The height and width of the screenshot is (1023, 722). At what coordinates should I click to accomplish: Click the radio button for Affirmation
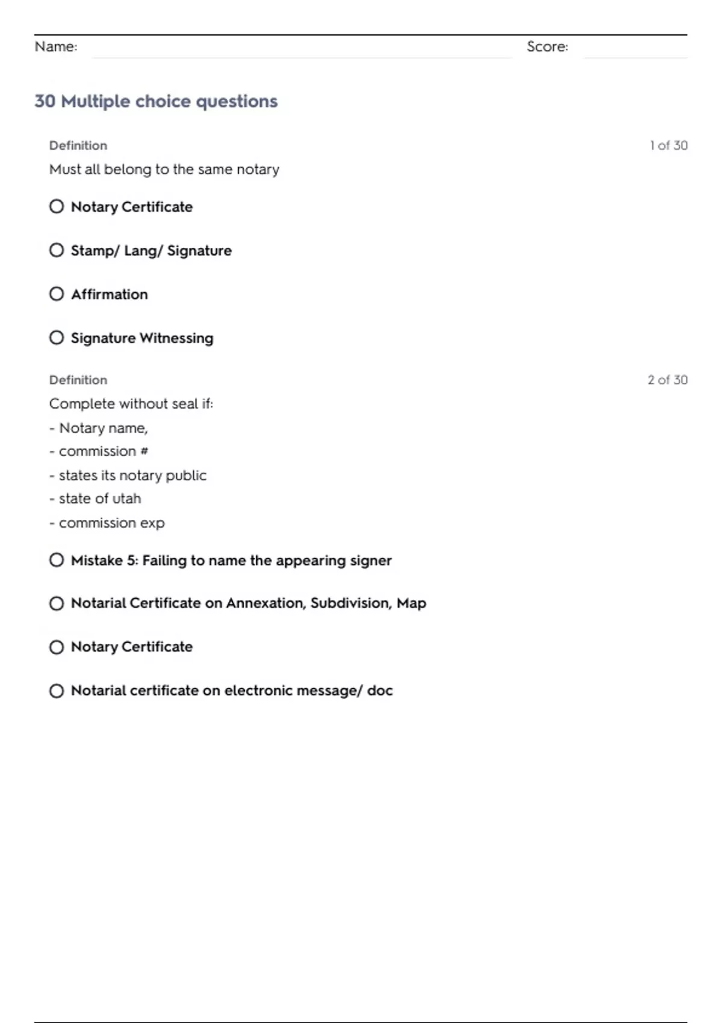point(57,294)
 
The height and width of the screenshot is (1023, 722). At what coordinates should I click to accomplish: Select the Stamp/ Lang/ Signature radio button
point(57,250)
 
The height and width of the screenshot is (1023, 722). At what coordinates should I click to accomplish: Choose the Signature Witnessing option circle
point(57,338)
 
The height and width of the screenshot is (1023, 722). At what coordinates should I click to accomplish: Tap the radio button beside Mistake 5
point(57,560)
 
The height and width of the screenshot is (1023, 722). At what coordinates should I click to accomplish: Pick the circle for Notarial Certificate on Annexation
point(57,603)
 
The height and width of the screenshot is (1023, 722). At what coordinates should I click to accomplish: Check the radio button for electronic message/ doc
point(57,690)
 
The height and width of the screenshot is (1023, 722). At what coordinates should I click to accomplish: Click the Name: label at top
point(56,46)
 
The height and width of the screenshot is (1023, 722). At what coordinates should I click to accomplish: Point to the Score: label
point(547,46)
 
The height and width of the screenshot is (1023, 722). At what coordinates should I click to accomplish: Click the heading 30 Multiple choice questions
point(156,101)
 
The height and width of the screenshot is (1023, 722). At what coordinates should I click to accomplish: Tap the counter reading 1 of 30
point(668,145)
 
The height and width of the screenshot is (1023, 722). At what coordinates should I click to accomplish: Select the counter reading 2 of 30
point(667,380)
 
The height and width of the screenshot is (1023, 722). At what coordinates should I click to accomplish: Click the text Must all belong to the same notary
point(164,169)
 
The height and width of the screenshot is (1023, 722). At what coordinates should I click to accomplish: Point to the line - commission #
point(99,451)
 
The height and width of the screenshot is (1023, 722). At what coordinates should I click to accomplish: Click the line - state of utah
point(96,498)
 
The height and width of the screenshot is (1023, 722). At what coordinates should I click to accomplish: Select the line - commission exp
point(107,523)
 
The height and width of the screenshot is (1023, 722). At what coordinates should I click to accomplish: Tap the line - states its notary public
point(128,475)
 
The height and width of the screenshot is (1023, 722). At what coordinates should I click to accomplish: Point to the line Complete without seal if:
point(131,403)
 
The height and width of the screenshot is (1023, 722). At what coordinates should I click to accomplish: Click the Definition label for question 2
point(78,380)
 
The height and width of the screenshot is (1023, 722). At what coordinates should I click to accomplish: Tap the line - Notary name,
point(99,428)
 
